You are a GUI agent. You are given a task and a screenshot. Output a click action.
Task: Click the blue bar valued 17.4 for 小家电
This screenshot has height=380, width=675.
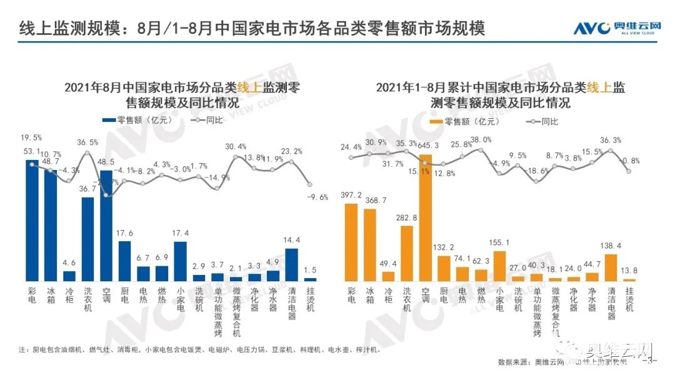(x=180, y=261)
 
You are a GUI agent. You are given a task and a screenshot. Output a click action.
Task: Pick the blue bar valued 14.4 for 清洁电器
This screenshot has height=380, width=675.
(x=291, y=264)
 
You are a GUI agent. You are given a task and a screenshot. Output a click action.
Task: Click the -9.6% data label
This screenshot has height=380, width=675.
(x=317, y=197)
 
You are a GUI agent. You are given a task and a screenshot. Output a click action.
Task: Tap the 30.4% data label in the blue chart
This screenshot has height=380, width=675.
(x=236, y=147)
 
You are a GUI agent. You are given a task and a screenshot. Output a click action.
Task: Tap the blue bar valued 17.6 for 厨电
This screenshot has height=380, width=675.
(x=125, y=261)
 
